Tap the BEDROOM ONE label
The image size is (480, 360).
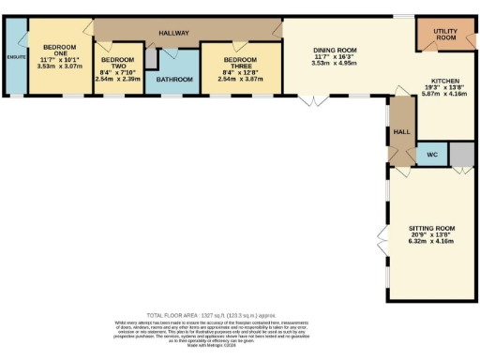coord(59,50)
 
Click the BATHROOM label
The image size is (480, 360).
coord(175,80)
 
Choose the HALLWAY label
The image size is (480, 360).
coord(174,33)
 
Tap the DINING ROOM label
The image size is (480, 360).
coord(335,50)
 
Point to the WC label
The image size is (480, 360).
coord(432,153)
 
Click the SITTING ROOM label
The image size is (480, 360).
coord(431,228)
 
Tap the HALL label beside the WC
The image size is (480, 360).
coord(400,132)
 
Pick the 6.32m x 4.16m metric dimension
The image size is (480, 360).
coord(431,241)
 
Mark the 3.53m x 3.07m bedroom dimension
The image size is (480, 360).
coord(59,67)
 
